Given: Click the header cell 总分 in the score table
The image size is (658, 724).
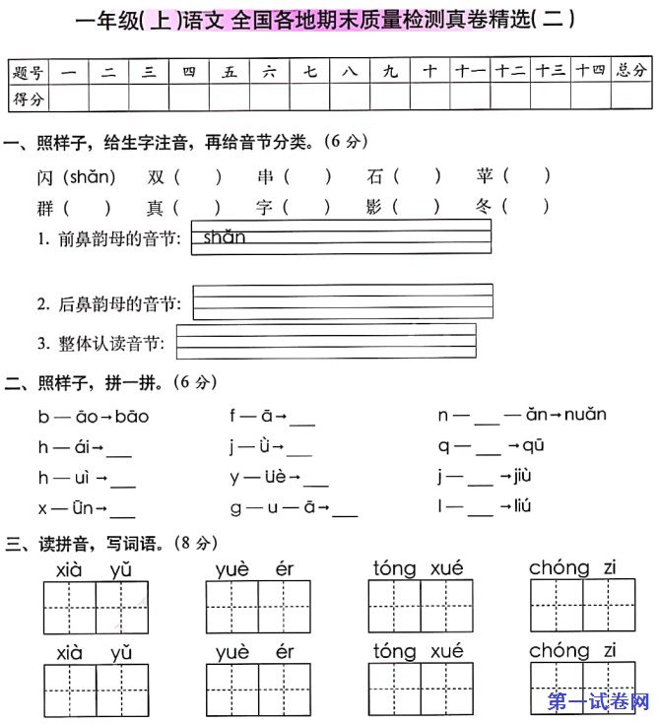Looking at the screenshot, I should coord(632,72).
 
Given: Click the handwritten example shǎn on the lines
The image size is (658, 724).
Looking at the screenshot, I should coord(225,236).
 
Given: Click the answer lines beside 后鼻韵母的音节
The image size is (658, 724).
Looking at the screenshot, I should coord(343,301).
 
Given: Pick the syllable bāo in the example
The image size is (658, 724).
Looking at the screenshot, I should coord(131,416).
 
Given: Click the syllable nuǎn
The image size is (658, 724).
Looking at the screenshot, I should coord(584,415).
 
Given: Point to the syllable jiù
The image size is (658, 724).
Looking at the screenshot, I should coord(522,476).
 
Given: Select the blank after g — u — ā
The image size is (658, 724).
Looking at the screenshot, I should coord(345,511).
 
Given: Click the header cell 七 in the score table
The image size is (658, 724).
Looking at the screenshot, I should coord(310,72).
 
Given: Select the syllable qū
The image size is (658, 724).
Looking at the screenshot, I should coord(532,445).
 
